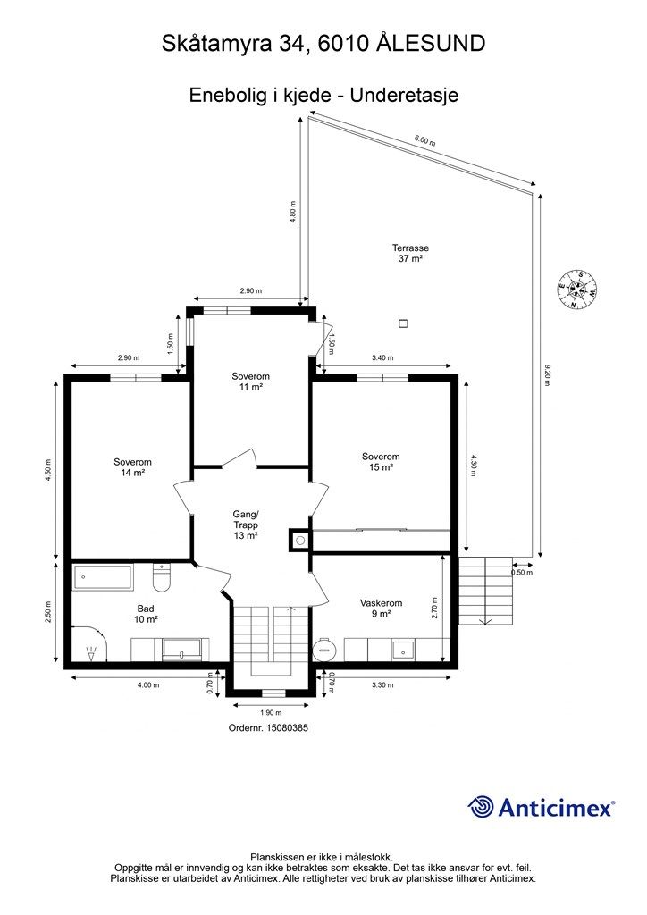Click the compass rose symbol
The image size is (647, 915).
(x=576, y=290)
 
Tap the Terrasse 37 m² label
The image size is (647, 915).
(x=410, y=253)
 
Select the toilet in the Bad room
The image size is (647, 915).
(x=162, y=576)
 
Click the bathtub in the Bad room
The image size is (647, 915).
(x=103, y=576)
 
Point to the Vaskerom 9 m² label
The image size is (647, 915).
(x=381, y=609)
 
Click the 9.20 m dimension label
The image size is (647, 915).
(x=547, y=374)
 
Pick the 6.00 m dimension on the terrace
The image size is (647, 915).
(x=424, y=140)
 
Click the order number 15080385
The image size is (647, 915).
(x=287, y=727)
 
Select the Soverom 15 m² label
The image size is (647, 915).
(x=381, y=462)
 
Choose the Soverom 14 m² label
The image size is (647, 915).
(x=132, y=467)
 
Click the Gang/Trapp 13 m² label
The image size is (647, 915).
(x=246, y=525)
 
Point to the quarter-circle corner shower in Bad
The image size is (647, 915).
(x=90, y=643)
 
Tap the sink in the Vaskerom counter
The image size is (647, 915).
(x=403, y=650)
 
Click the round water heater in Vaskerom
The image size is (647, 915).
(x=325, y=649)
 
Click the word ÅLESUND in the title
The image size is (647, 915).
(x=431, y=43)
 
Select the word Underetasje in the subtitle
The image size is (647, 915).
(x=404, y=95)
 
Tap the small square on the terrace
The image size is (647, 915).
(x=402, y=323)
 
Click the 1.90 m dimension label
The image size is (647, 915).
(x=271, y=712)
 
